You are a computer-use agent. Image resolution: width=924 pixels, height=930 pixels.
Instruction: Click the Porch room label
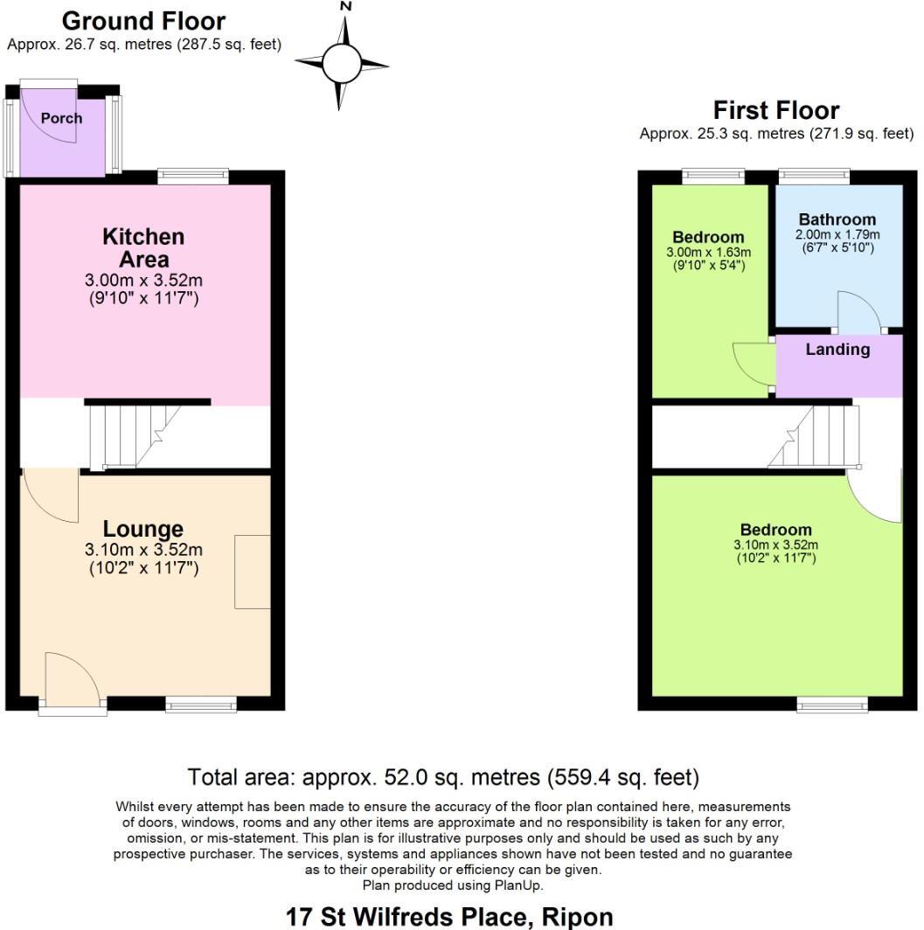[x=61, y=118]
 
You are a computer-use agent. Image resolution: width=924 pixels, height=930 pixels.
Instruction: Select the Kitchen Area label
[x=143, y=247]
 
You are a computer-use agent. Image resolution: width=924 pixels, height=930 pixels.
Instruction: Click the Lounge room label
[x=143, y=529]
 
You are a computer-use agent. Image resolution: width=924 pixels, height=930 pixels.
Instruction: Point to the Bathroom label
[x=837, y=219]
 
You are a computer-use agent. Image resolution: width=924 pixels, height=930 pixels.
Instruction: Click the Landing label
[x=837, y=350]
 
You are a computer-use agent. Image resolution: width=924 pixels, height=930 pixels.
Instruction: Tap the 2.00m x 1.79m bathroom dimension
[x=837, y=235]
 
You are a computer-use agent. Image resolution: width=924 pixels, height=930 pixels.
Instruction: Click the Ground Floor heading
[x=143, y=21]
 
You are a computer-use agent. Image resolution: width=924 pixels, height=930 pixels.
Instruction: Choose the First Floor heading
[x=776, y=110]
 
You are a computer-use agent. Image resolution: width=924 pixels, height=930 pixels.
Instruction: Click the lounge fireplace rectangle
[x=253, y=572]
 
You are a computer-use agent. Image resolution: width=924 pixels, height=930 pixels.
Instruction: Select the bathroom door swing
[x=859, y=312]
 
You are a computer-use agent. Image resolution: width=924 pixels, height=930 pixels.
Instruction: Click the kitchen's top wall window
[x=193, y=177]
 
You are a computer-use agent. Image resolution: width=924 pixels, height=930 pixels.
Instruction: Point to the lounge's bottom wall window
[x=201, y=703]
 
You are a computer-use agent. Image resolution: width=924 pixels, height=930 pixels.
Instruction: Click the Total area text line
[x=443, y=777]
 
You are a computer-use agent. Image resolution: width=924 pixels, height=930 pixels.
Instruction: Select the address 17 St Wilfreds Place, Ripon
[x=449, y=917]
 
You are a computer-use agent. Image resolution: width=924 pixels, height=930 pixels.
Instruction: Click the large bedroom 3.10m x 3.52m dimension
[x=775, y=545]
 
